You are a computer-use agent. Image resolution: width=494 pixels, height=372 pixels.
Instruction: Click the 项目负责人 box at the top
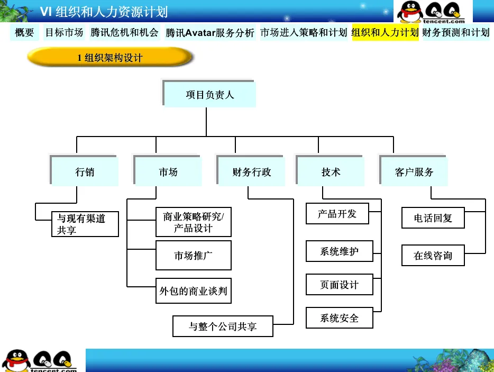pyautogui.click(x=210, y=95)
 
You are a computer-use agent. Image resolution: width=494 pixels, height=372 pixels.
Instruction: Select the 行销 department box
pyautogui.click(x=85, y=172)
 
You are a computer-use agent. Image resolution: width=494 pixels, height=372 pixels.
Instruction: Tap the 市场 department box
pyautogui.click(x=168, y=172)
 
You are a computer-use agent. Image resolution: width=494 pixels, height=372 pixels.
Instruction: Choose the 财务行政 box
pyautogui.click(x=252, y=172)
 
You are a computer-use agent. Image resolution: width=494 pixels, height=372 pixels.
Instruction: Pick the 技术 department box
pyautogui.click(x=331, y=172)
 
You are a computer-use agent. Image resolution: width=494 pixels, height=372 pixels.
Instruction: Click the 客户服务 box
pyautogui.click(x=414, y=172)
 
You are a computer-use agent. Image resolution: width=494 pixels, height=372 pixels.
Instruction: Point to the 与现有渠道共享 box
pyautogui.click(x=85, y=224)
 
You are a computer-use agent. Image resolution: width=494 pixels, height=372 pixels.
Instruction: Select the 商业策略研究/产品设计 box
pyautogui.click(x=194, y=222)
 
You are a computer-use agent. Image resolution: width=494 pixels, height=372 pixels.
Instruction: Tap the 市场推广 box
pyautogui.click(x=194, y=256)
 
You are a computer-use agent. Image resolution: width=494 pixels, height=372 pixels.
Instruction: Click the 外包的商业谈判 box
pyautogui.click(x=194, y=291)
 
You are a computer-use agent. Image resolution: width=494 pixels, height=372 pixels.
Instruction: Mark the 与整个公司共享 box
pyautogui.click(x=223, y=326)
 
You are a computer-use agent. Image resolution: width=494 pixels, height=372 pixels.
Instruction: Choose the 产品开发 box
pyautogui.click(x=337, y=214)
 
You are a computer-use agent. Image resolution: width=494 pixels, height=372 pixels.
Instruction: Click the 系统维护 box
pyautogui.click(x=340, y=251)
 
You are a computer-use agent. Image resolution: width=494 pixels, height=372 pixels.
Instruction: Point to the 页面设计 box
pyautogui.click(x=340, y=285)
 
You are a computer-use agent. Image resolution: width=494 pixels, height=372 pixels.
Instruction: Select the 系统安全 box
pyautogui.click(x=340, y=318)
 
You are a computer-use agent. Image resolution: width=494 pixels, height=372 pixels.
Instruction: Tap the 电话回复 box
pyautogui.click(x=433, y=218)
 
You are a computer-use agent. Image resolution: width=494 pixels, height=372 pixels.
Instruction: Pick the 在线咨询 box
pyautogui.click(x=433, y=256)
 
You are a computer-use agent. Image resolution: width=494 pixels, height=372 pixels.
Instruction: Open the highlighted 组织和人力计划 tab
pyautogui.click(x=385, y=33)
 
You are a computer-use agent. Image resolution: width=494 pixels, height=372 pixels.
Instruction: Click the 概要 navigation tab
pyautogui.click(x=24, y=33)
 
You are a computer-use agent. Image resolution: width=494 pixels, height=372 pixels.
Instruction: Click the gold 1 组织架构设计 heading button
pyautogui.click(x=110, y=58)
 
